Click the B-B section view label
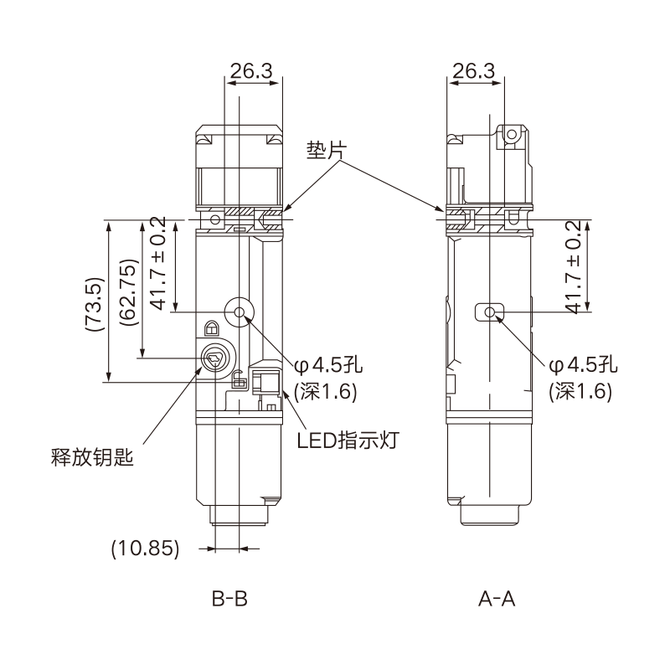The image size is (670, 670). (229, 600)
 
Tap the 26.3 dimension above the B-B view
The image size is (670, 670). (251, 72)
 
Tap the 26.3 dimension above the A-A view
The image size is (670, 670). (473, 72)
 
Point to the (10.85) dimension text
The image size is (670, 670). (146, 549)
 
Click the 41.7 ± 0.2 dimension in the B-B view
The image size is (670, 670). (157, 262)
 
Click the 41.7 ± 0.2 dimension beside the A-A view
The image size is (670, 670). (574, 267)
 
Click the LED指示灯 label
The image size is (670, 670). (348, 439)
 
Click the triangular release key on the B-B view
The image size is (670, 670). (213, 359)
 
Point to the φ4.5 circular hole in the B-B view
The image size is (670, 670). (240, 312)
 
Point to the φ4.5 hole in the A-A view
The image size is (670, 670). (491, 312)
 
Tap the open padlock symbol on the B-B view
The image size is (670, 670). (239, 380)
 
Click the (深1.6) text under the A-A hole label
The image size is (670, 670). (580, 391)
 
